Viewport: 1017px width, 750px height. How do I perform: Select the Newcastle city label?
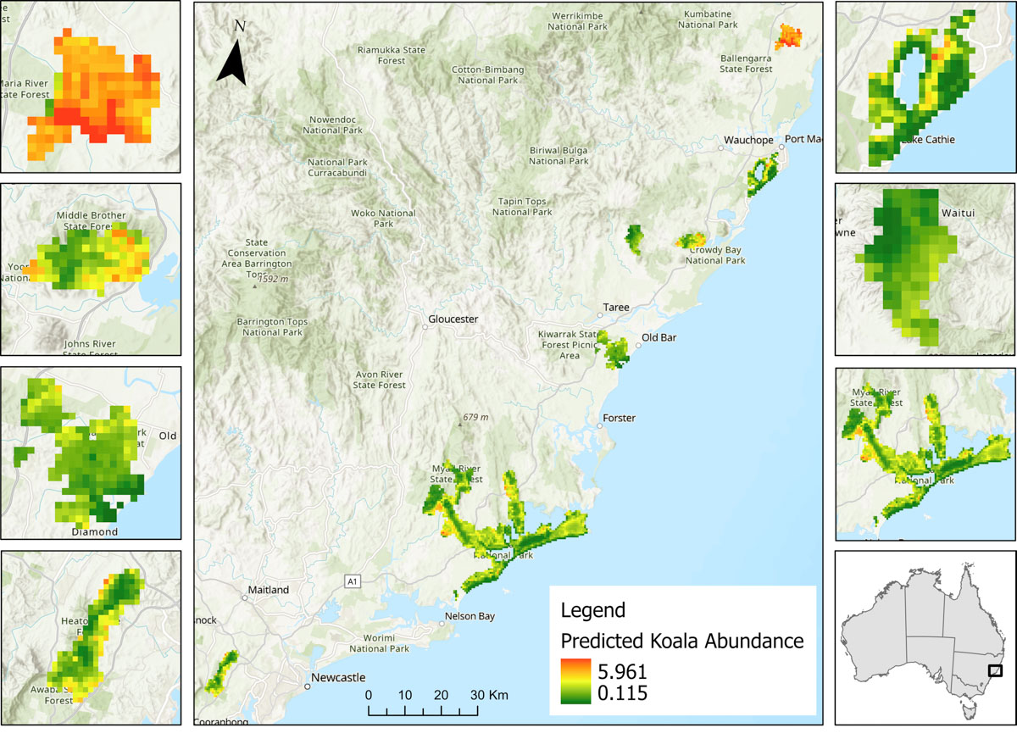[x=336, y=678]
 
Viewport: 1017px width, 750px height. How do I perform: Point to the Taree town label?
[x=616, y=308]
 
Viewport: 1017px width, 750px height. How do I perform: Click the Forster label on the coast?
[x=619, y=418]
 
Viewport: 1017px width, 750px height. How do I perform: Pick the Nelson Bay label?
[x=470, y=616]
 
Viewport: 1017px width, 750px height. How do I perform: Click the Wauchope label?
[x=747, y=139]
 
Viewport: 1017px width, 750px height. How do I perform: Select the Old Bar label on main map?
[x=660, y=337]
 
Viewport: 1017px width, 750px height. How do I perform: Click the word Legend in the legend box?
[x=593, y=610]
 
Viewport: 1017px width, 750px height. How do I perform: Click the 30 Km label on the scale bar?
[x=487, y=695]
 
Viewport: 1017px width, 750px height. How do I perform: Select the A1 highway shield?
[x=351, y=581]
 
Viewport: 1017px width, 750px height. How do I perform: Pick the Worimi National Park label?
[x=382, y=642]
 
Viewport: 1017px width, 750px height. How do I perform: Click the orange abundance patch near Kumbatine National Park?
[x=788, y=36]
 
